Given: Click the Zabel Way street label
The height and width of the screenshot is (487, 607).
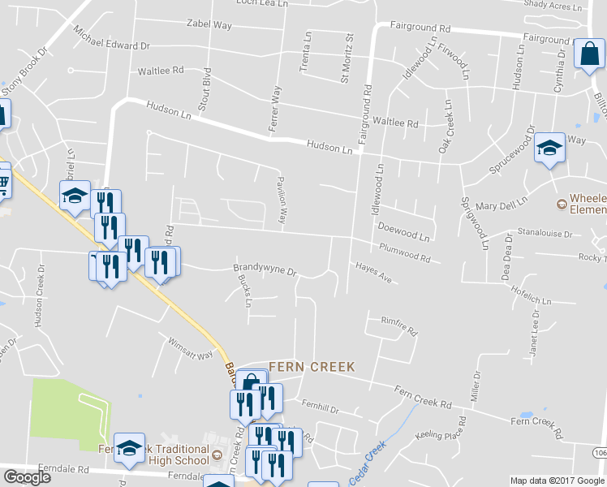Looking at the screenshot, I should click(x=209, y=26).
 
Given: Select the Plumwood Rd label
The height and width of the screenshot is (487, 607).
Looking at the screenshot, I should click(x=404, y=253).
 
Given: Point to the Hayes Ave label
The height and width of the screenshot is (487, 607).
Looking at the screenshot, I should click(x=372, y=272).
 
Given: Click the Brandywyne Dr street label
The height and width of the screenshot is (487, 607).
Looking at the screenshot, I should click(x=265, y=268).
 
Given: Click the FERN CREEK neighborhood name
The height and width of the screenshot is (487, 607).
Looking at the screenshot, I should click(x=312, y=367).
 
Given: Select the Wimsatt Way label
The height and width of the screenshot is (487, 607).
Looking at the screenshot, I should click(x=190, y=348).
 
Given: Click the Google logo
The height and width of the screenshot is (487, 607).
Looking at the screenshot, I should click(x=27, y=476).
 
